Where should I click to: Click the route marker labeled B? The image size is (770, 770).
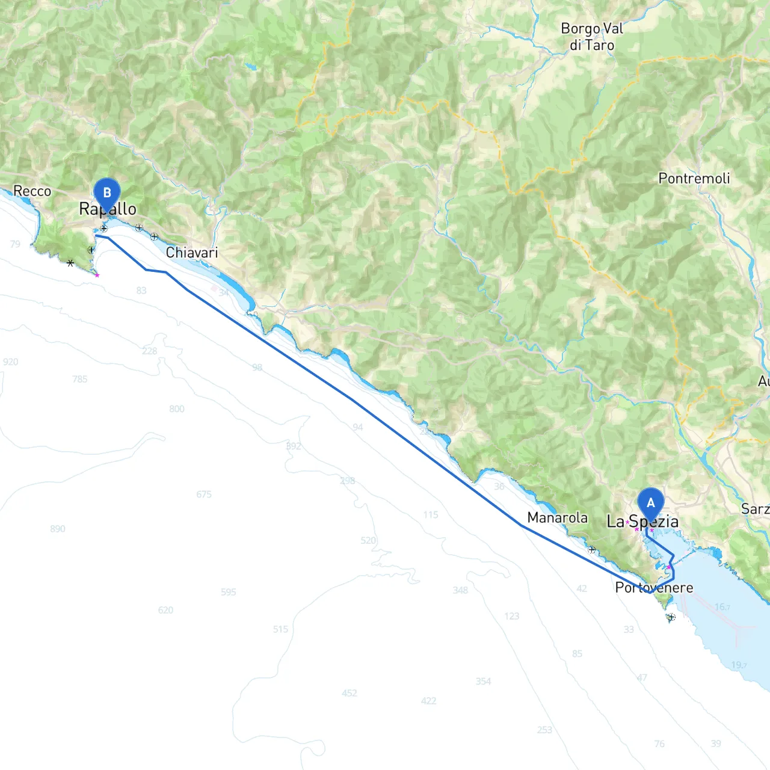pyautogui.click(x=107, y=194)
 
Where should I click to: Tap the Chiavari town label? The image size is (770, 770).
pyautogui.click(x=192, y=253)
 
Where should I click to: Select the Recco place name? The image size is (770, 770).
pyautogui.click(x=32, y=191)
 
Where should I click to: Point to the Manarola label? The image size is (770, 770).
pyautogui.click(x=557, y=517)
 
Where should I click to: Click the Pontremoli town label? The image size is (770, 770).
pyautogui.click(x=694, y=178)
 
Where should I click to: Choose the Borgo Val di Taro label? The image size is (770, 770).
pyautogui.click(x=592, y=37)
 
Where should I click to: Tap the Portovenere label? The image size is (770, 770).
pyautogui.click(x=654, y=588)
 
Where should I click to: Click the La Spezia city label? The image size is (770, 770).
pyautogui.click(x=642, y=522)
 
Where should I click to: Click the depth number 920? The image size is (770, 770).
pyautogui.click(x=11, y=362)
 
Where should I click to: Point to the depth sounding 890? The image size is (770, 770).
pyautogui.click(x=58, y=529)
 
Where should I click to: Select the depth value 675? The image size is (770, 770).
pyautogui.click(x=204, y=494)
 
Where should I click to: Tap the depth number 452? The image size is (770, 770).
pyautogui.click(x=350, y=693)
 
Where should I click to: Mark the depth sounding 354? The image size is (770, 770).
pyautogui.click(x=484, y=682)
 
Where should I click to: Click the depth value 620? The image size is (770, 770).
pyautogui.click(x=165, y=610)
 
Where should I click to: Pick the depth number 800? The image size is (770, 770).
pyautogui.click(x=177, y=409)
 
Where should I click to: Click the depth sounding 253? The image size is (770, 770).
pyautogui.click(x=544, y=730)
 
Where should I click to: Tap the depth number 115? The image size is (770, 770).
pyautogui.click(x=431, y=515)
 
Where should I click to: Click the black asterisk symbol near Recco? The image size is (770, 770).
pyautogui.click(x=70, y=263)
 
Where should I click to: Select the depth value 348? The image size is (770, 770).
pyautogui.click(x=460, y=590)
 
